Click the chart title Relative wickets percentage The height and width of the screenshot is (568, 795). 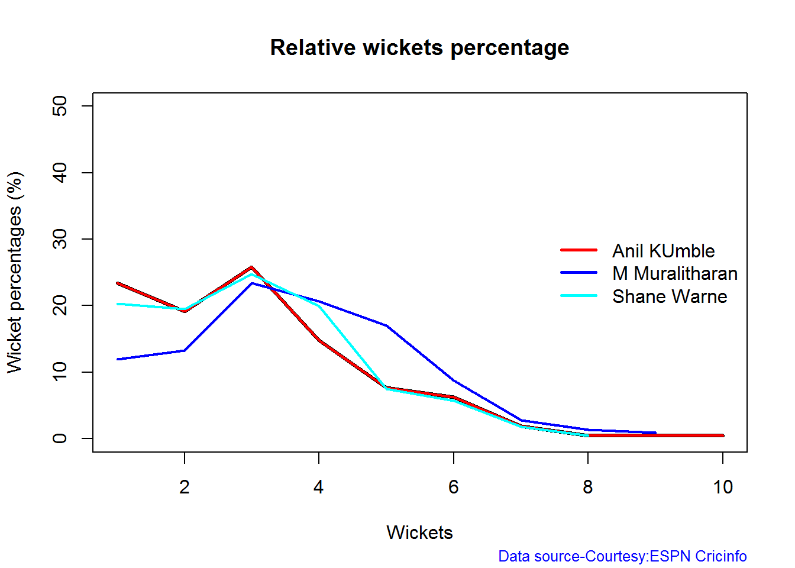(419, 47)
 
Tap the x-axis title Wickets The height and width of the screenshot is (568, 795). (419, 532)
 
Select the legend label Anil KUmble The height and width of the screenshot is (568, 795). (663, 251)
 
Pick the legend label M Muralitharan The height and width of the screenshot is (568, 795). (675, 273)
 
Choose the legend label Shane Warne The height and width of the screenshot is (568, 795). (670, 296)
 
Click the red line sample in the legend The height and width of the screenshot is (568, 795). (579, 250)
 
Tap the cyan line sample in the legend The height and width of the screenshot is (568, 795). (579, 295)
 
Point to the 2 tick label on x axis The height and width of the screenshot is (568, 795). (185, 487)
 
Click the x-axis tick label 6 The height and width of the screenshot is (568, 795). (453, 487)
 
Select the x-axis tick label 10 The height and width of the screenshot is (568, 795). (722, 487)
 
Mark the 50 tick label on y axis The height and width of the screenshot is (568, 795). (60, 106)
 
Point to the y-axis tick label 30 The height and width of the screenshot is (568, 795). (60, 239)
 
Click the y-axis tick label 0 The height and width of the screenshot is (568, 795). (60, 438)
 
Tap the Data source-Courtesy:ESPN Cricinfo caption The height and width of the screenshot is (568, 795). (622, 556)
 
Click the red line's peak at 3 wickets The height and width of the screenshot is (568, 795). (251, 267)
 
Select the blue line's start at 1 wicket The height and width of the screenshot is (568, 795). (118, 359)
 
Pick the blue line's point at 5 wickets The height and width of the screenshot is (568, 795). (386, 325)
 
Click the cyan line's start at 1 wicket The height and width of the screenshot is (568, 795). (118, 304)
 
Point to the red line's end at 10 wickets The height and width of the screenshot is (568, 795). (722, 435)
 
